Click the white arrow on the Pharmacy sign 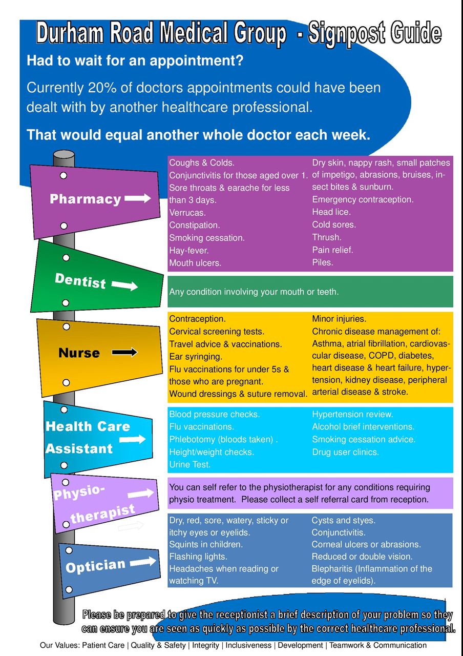point(138,198)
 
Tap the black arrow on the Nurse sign point(124,352)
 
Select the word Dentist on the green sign point(80,280)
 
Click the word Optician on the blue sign point(95,566)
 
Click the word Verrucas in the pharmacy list point(187,213)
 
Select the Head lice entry point(331,212)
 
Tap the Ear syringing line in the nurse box point(196,357)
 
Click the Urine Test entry point(190,464)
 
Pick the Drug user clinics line point(345,452)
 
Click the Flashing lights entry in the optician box point(198,557)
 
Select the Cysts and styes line point(344,520)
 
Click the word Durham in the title point(70,33)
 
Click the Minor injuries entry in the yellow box point(339,319)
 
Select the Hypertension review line point(352,414)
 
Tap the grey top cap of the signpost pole point(64,154)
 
